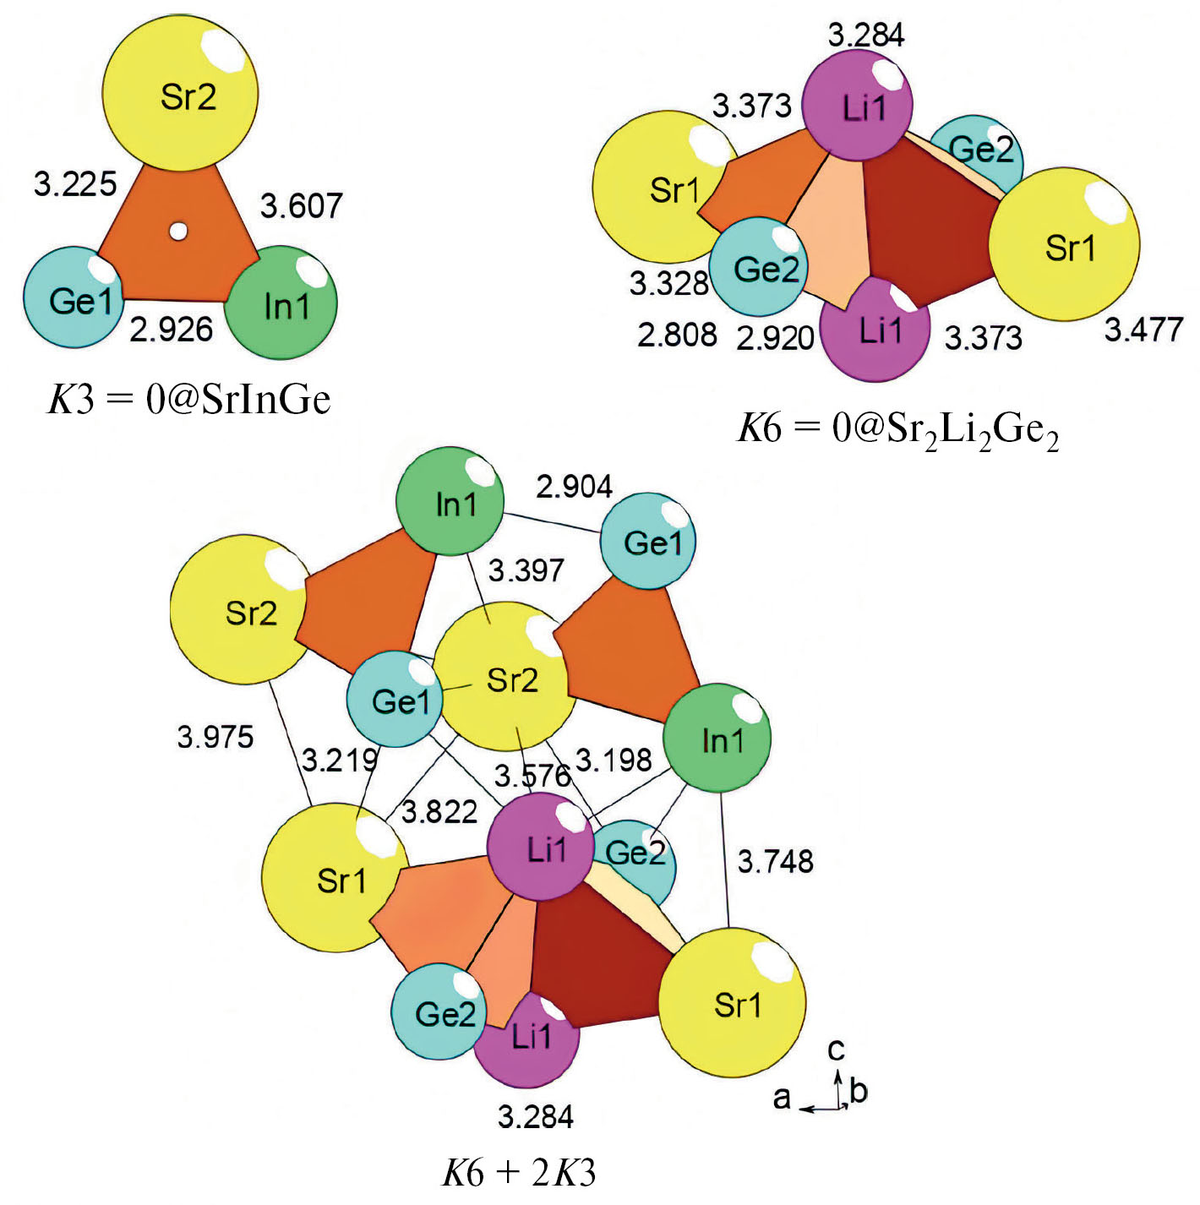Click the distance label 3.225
coord(75,184)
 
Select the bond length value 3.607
coord(302,205)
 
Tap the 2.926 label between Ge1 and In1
coord(172,329)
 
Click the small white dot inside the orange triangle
coord(178,232)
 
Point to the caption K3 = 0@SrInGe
coord(189,401)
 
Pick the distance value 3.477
coord(1143,330)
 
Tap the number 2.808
coord(677,335)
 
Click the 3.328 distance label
coord(668,284)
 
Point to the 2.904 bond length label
coord(574,487)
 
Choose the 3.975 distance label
coord(215,737)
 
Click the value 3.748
coord(775,861)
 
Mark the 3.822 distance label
coord(439,812)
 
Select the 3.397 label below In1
coord(526,570)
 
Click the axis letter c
coord(836,1050)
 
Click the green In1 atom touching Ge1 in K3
coord(281,303)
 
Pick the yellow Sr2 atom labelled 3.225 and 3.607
coord(180,93)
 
